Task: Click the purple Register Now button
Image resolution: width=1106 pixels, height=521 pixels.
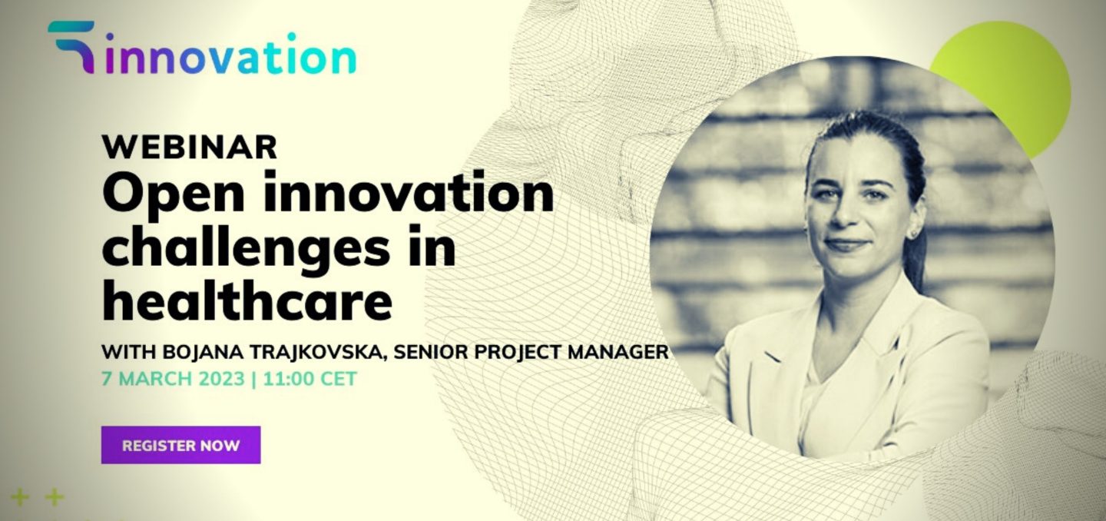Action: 180,445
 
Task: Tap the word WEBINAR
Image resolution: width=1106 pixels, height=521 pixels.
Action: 190,147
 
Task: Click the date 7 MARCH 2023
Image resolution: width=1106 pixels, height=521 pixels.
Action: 174,379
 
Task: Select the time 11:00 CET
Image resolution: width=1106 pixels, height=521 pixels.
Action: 310,379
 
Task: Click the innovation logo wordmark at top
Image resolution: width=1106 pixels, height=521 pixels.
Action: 230,55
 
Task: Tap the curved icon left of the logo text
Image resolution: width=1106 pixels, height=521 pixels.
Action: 71,46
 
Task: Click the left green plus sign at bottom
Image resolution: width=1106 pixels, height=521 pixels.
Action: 20,497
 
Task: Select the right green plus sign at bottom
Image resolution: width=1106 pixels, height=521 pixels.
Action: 55,497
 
